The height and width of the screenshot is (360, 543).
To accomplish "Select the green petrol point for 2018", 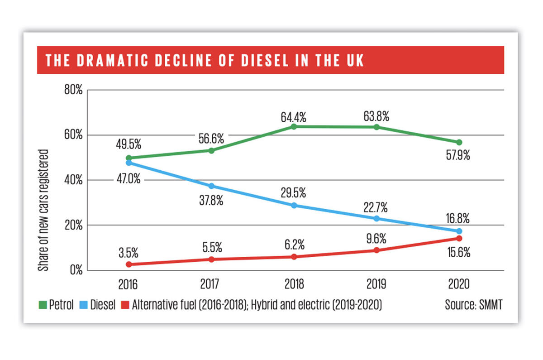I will [x=294, y=126].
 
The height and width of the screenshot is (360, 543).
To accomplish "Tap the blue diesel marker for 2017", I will [x=211, y=186].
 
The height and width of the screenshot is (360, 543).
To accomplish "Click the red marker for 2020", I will [x=459, y=238].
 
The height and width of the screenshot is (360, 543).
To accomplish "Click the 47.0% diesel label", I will [x=129, y=180].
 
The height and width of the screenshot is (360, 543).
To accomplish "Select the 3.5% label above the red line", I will [x=129, y=250].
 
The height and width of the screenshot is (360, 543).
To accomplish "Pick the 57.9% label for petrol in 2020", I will [x=458, y=156].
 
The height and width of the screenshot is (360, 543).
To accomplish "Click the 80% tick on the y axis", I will [x=72, y=90].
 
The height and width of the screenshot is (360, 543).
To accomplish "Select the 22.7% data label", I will [x=376, y=207].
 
